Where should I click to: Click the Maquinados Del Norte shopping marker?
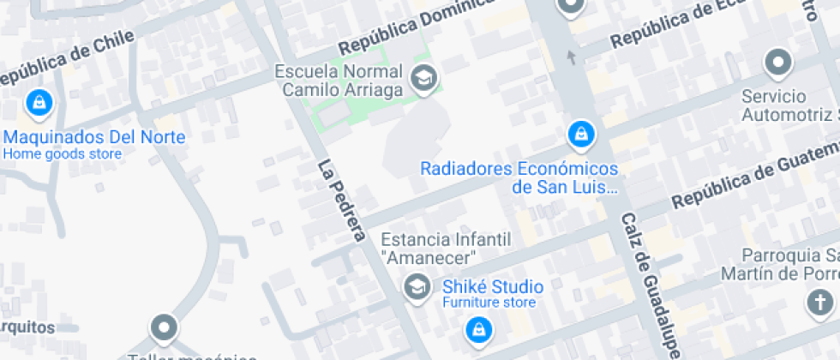coord(39,104)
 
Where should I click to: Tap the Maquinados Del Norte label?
coord(94,137)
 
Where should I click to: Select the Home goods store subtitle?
coord(62,155)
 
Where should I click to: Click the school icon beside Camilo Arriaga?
coord(423,79)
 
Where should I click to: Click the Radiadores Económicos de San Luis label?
coord(519,177)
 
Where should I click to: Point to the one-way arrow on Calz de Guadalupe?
coord(572,57)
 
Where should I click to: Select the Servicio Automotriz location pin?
coord(778,63)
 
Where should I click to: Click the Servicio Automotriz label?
coord(789,105)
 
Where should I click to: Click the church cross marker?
coord(820,302)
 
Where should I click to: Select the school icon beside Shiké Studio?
coord(417,287)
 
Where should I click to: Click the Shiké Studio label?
coord(492,286)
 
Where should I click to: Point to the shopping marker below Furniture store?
coord(477,329)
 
